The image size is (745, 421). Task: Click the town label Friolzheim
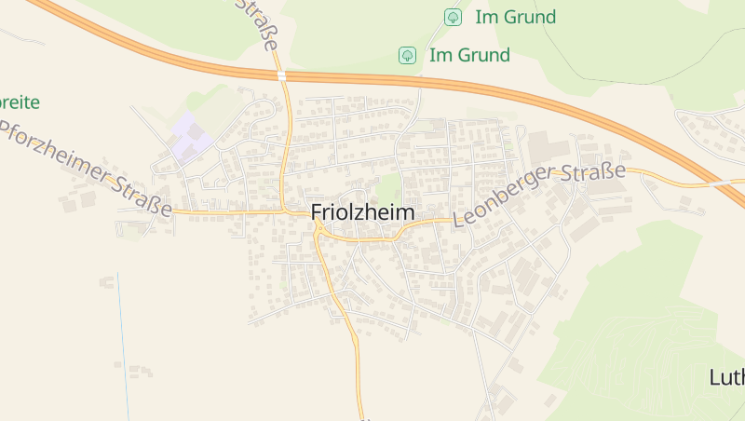click(x=362, y=212)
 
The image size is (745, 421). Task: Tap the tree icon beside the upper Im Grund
click(x=453, y=17)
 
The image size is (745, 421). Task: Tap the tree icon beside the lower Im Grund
click(x=407, y=56)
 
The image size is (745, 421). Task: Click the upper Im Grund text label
click(x=515, y=17)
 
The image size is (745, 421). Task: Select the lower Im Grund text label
click(x=469, y=56)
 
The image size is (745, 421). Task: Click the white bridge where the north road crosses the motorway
click(x=280, y=75)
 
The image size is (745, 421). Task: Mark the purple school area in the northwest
click(x=192, y=139)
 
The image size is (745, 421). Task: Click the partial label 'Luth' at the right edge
click(x=726, y=377)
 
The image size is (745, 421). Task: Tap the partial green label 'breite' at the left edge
click(x=19, y=102)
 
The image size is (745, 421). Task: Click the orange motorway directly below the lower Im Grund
click(x=407, y=81)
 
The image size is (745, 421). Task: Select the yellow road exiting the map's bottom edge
click(x=359, y=401)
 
